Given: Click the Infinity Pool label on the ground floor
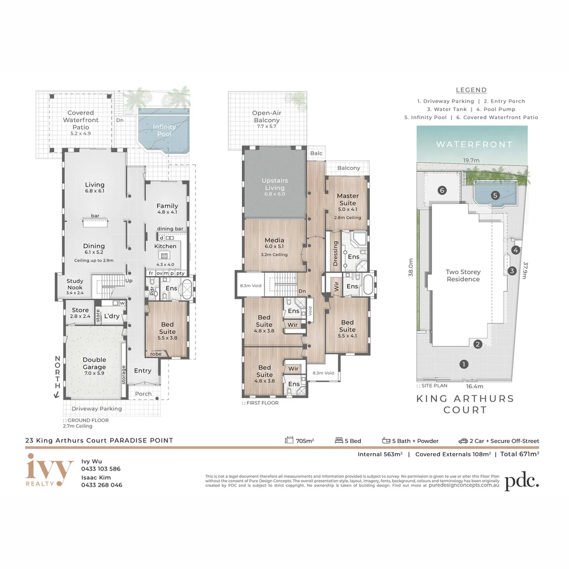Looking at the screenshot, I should [x=164, y=131].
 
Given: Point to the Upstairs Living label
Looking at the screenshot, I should [x=274, y=187].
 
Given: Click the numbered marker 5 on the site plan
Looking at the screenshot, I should [x=495, y=195].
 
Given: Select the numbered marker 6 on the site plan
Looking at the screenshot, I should [x=443, y=190].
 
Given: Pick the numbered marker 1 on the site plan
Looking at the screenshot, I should [x=464, y=364].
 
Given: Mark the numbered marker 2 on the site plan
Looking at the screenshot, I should [x=478, y=345].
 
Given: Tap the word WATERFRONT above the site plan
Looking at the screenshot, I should [x=474, y=144].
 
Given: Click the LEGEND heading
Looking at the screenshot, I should [x=471, y=90].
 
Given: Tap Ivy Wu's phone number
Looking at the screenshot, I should [x=101, y=468].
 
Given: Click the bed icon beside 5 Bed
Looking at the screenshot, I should [x=340, y=440].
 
